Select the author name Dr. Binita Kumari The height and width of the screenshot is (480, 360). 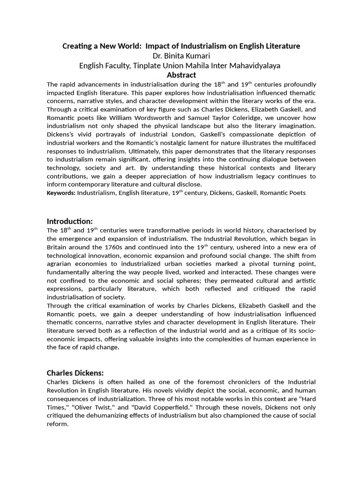pyautogui.click(x=181, y=56)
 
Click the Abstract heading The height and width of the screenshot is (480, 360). pyautogui.click(x=181, y=75)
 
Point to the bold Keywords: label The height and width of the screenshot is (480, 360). pyautogui.click(x=61, y=193)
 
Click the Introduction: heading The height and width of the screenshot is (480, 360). pyautogui.click(x=70, y=221)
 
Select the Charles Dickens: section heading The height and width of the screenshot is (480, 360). pyautogui.click(x=75, y=373)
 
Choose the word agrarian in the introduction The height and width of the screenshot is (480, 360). pyautogui.click(x=60, y=264)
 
